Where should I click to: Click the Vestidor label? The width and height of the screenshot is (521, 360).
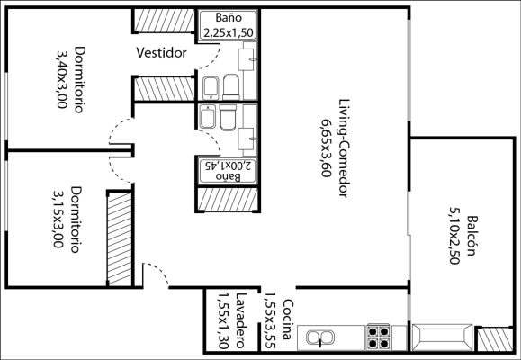(161, 53)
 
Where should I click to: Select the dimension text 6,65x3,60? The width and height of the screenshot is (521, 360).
(327, 148)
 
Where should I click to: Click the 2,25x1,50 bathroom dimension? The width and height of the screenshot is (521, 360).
(229, 32)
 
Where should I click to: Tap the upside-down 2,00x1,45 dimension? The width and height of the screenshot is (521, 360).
(228, 165)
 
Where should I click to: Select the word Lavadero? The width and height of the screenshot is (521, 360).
(241, 320)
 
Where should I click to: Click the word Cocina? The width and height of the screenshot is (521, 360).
(288, 319)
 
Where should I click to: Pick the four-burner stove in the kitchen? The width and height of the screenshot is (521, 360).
(378, 337)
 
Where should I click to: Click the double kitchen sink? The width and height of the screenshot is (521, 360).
(319, 337)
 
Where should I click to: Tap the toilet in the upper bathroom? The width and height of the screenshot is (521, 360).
(231, 87)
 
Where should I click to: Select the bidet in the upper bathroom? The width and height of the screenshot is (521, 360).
(211, 88)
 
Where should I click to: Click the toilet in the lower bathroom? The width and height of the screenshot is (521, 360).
(228, 117)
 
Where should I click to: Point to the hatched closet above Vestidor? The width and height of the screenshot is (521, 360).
(164, 21)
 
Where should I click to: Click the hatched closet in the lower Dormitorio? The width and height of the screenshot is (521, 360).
(120, 238)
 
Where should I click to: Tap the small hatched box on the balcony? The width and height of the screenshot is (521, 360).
(495, 339)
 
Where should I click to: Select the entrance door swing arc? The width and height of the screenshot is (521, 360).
(159, 271)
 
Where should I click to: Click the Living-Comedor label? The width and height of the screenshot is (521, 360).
(344, 148)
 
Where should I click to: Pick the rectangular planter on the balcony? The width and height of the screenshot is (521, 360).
(442, 337)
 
